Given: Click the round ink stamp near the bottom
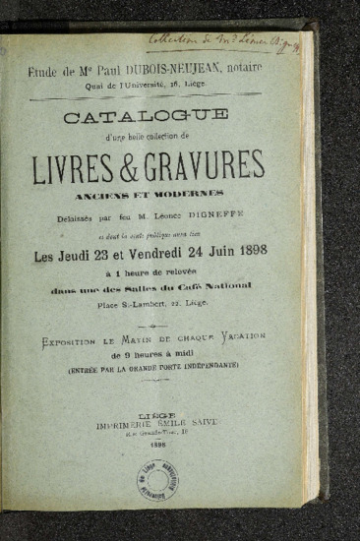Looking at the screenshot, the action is pyautogui.click(x=157, y=480).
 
